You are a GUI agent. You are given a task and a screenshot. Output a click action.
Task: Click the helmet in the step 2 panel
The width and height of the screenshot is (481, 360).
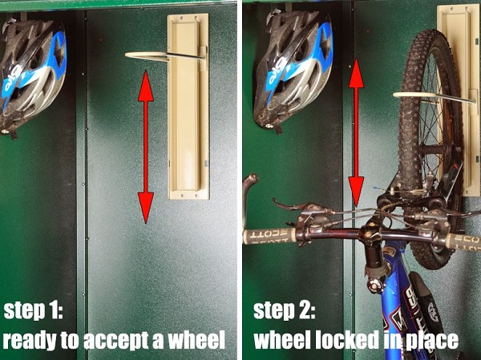pos(293,69)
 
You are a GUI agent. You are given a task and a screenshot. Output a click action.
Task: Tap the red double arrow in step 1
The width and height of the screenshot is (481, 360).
pos(146,147)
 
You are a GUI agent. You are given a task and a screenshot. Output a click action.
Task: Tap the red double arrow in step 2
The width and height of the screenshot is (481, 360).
pos(356,132)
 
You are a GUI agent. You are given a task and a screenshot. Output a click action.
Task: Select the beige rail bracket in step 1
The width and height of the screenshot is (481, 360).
pos(188,106)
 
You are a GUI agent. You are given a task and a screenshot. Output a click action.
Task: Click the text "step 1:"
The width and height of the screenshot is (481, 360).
pos(34,311)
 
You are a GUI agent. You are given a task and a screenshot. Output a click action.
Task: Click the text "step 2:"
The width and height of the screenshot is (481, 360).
pos(285,311)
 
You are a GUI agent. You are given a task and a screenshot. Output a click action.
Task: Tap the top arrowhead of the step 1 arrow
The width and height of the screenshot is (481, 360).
pos(146,86)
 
